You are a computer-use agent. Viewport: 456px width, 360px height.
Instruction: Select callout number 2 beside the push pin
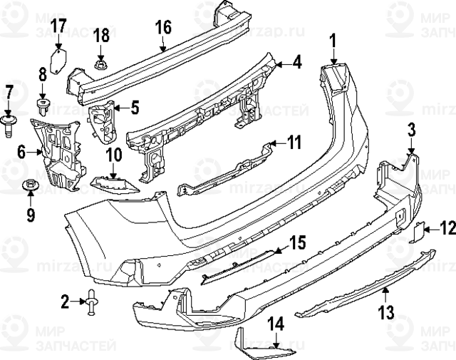[66, 302]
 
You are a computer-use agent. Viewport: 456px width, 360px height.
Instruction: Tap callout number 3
[411, 129]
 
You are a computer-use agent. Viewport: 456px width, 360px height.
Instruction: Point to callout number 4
[296, 63]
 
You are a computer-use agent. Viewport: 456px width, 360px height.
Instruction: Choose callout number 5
[135, 108]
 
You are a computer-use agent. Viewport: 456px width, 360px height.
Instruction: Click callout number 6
[21, 150]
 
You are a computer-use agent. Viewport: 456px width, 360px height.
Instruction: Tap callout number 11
[294, 143]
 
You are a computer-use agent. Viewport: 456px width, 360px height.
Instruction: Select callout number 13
[385, 312]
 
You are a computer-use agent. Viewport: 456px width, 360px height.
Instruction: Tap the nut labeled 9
[30, 187]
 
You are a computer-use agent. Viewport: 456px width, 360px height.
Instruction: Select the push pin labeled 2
[93, 302]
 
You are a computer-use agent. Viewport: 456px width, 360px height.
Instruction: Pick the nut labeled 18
[100, 66]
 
